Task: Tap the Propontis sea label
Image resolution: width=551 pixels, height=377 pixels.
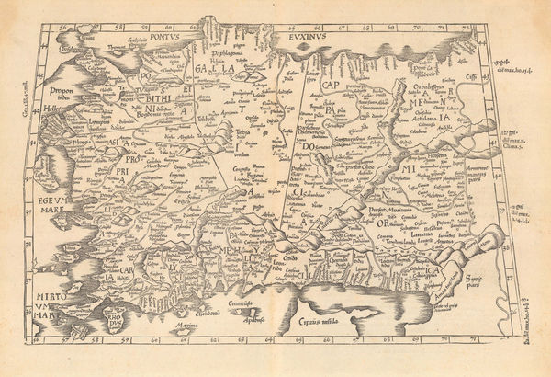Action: [x=57, y=94]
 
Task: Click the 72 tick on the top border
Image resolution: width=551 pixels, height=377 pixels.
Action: [x=466, y=28]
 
